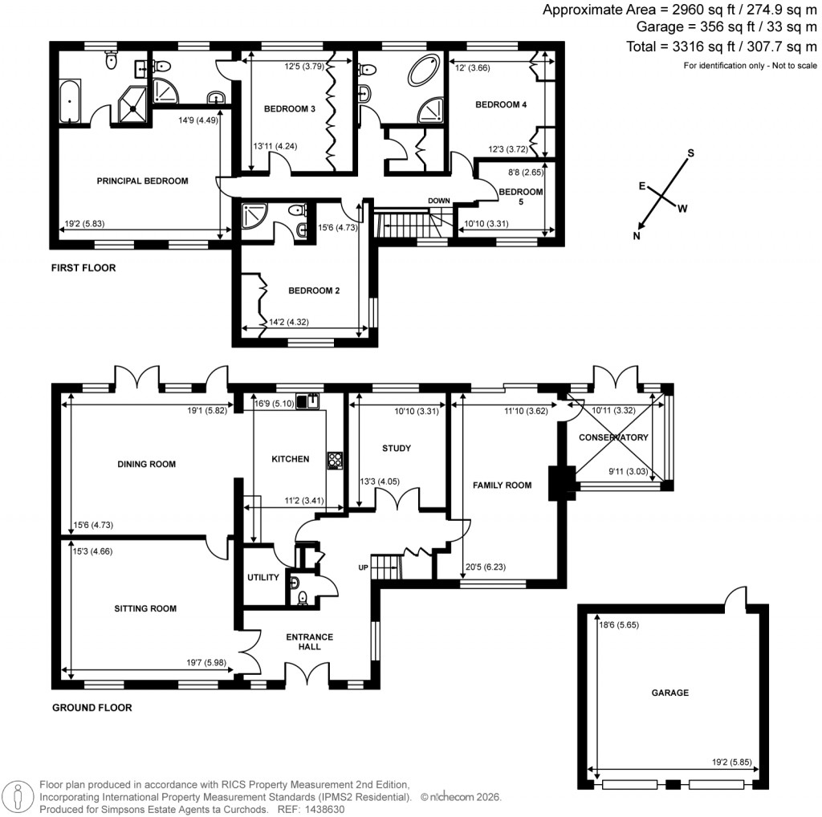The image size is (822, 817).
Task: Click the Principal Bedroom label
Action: tap(142, 181)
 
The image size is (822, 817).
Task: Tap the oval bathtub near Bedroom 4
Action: tap(424, 71)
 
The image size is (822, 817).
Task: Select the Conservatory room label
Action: tap(613, 437)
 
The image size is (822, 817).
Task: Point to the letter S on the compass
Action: tap(690, 152)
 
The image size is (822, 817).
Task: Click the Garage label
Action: tap(669, 692)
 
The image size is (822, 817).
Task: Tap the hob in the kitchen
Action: tap(335, 460)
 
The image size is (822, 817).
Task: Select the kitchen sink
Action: tap(308, 400)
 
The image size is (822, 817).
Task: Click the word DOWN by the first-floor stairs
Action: tap(439, 201)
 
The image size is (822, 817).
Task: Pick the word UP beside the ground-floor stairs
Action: tap(364, 567)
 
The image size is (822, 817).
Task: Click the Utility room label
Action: tap(262, 577)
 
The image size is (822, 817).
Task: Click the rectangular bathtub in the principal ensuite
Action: tap(70, 100)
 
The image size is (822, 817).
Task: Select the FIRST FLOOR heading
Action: tap(83, 268)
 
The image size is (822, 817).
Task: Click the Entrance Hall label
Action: tap(309, 641)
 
